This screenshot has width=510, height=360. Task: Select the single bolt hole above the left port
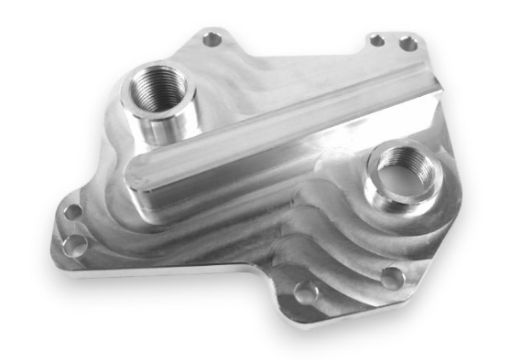click(x=212, y=39)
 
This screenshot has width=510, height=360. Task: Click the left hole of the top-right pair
click(x=376, y=40)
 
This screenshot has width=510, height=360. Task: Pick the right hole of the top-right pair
click(x=407, y=43)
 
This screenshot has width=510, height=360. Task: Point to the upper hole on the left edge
click(x=72, y=213)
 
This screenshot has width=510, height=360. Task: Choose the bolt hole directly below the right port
click(x=394, y=276)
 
